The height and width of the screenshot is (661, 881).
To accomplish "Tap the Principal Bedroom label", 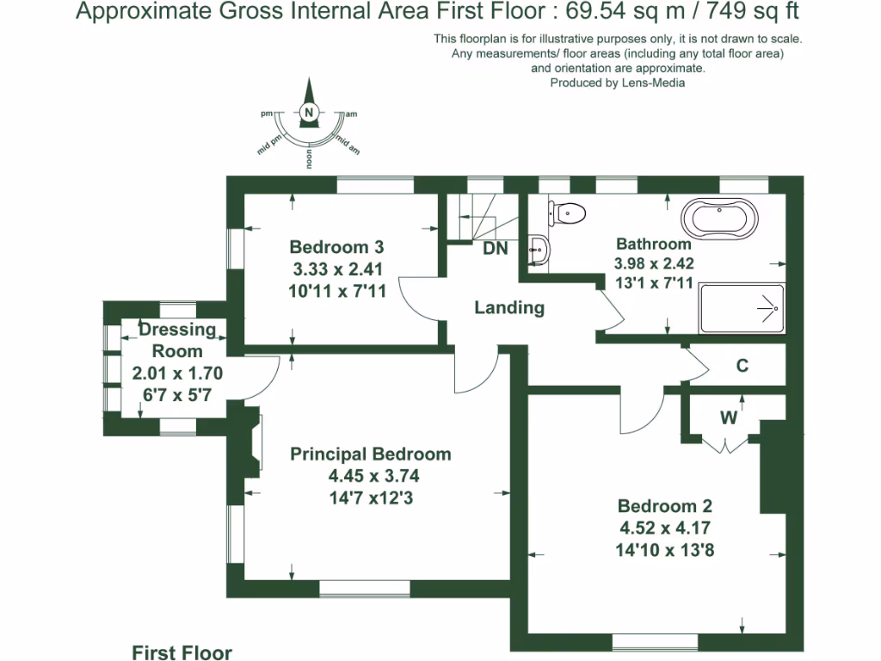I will (x=370, y=454).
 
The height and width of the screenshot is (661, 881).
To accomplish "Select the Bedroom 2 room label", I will (x=664, y=506).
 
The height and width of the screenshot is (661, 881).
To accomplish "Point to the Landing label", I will (x=509, y=307).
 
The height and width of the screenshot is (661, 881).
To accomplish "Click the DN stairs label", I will (x=495, y=249).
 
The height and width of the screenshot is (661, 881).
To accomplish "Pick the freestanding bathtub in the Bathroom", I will (x=720, y=219).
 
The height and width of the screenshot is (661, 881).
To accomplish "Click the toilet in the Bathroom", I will (x=568, y=212).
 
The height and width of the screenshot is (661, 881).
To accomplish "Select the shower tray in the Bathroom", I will (x=742, y=308).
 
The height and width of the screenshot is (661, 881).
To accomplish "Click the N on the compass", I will (x=309, y=112).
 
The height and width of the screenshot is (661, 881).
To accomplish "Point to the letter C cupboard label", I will (x=742, y=366).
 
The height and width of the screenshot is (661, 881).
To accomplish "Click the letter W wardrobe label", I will (x=728, y=419).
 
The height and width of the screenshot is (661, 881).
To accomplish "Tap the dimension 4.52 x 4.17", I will (x=664, y=528).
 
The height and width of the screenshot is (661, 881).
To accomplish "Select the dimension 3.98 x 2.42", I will (x=654, y=264).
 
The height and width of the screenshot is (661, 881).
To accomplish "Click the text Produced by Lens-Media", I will (x=617, y=83).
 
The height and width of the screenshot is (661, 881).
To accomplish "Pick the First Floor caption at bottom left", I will (x=182, y=652).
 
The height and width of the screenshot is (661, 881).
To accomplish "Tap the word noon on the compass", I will (x=308, y=158).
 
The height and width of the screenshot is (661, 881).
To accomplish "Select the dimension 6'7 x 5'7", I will (x=177, y=394).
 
